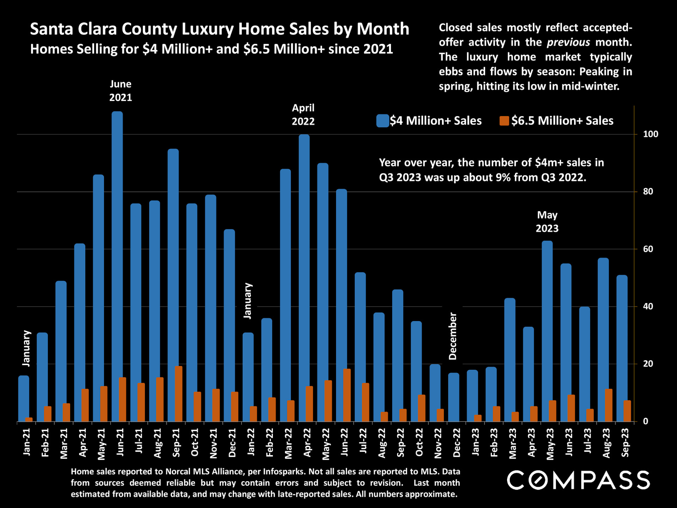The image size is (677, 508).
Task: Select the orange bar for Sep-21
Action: pos(178,394)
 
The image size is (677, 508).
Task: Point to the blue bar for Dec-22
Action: pos(453,397)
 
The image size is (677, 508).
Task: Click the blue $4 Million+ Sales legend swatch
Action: pos(382,121)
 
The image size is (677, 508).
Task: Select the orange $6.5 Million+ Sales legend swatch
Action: pos(504,121)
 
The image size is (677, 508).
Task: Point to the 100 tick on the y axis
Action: pos(651,134)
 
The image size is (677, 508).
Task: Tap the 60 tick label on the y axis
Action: pos(648,249)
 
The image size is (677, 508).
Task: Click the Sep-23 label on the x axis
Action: pos(625,442)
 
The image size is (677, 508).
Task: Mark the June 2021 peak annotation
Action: pos(121,91)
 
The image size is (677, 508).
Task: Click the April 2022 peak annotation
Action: pos(303,115)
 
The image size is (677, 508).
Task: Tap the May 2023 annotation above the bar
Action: pos(547,222)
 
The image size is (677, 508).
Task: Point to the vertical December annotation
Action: pos(453,336)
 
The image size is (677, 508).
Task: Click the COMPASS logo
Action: pos(578,480)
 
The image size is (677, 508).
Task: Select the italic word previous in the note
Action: pos(568,42)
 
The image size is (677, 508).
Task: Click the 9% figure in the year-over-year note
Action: pos(503,177)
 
